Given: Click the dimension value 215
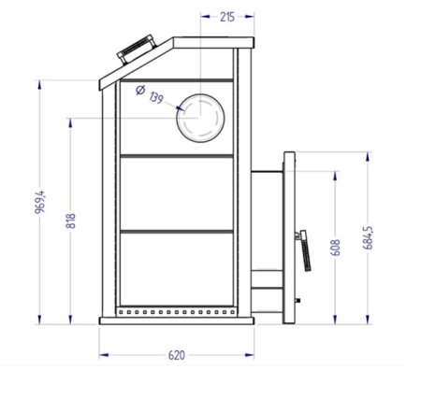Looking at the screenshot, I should tap(226, 17).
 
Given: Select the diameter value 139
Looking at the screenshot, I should tap(154, 98).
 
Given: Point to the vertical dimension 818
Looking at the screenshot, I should tap(71, 222).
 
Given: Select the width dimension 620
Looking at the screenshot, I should tap(177, 354).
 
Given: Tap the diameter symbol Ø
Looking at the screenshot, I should tap(139, 91).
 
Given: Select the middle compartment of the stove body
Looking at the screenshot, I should tap(175, 192).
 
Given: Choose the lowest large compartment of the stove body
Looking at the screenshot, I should tap(175, 266).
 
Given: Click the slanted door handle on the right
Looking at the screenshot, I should tap(301, 249).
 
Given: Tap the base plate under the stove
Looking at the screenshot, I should tap(177, 320).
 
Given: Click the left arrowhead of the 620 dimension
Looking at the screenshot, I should tap(102, 354).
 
